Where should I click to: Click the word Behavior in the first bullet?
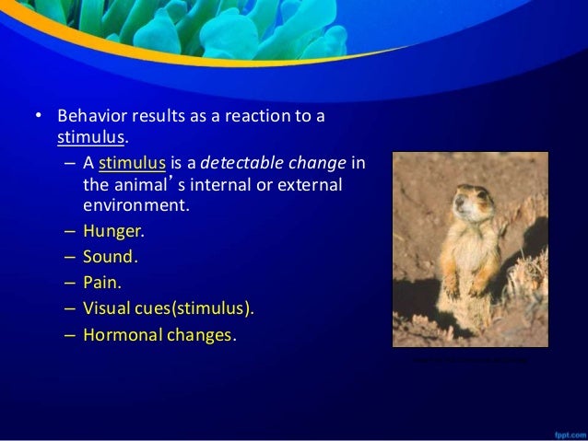[88, 118]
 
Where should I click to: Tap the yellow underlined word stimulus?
[133, 164]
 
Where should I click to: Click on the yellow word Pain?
[100, 283]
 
